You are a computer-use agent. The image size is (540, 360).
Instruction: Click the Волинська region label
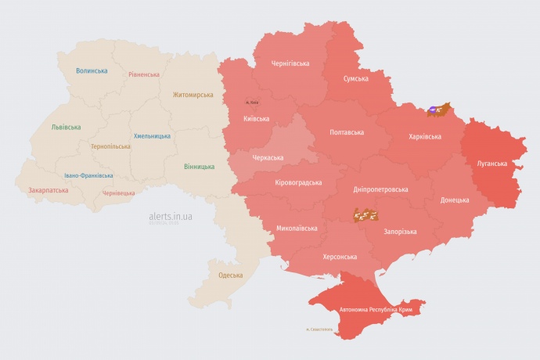point(92,70)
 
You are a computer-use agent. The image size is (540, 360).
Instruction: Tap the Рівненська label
point(144,74)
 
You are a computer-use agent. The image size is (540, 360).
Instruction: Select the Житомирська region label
point(193,95)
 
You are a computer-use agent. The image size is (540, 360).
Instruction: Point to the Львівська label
point(66,127)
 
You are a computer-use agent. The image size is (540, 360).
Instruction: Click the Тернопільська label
point(110,146)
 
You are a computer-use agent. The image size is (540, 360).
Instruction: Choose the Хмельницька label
point(152,135)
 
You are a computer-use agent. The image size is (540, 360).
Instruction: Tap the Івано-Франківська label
point(88,175)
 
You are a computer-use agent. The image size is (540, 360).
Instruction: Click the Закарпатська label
point(48,190)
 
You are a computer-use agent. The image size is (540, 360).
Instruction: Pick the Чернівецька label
point(118,193)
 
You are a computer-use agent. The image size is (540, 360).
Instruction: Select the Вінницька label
point(199,167)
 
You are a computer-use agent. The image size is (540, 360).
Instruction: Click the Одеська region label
point(230,275)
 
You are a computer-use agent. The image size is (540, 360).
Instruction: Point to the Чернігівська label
point(290,63)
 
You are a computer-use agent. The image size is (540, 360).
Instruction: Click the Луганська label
point(492,164)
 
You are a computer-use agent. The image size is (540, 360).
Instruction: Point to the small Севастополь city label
point(319,329)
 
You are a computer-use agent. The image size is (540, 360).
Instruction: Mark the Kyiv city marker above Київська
point(252,102)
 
